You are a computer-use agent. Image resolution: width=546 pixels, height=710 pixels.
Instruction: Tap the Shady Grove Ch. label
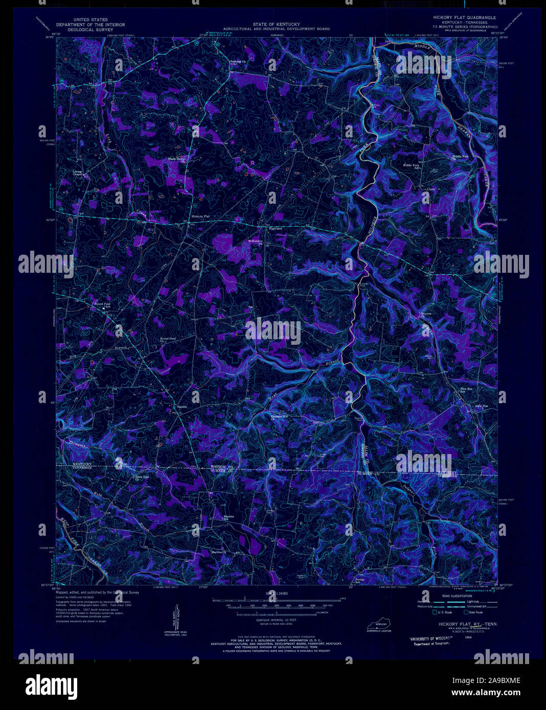click(x=176, y=159)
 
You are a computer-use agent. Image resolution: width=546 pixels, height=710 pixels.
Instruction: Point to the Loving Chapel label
click(x=77, y=173)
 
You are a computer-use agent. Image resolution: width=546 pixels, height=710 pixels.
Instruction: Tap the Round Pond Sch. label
click(x=102, y=305)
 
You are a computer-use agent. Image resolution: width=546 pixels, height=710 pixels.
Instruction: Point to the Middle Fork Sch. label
click(x=411, y=167)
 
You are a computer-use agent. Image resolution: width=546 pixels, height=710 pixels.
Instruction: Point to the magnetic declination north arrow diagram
click(x=169, y=618)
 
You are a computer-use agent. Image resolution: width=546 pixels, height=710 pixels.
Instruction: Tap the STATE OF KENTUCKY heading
click(x=276, y=24)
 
